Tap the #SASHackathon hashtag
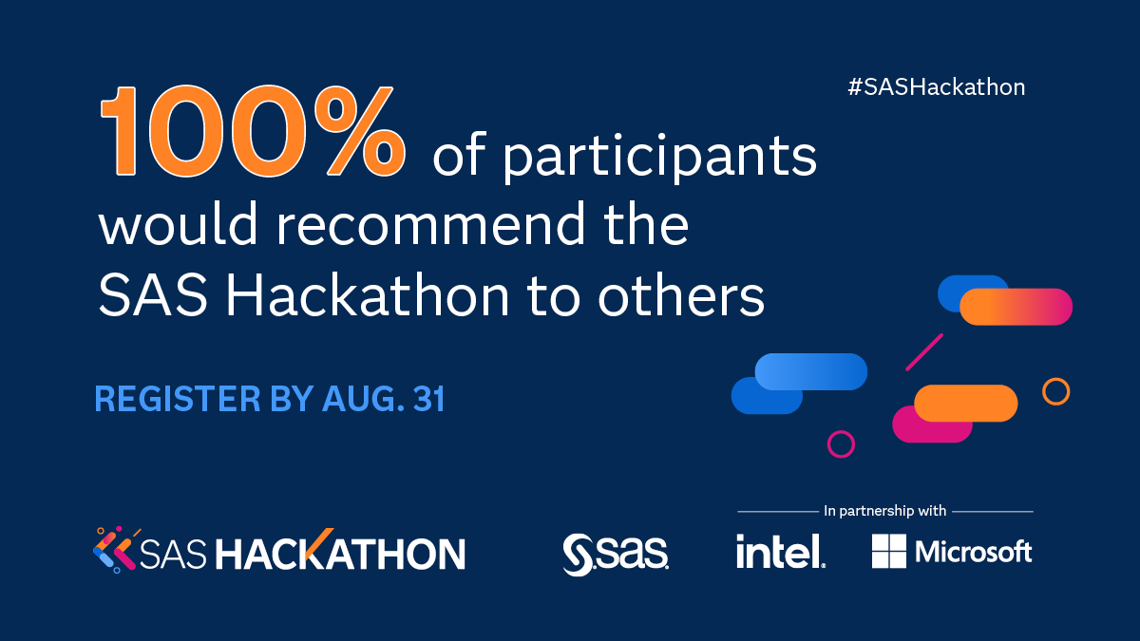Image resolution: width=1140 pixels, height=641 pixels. tap(936, 87)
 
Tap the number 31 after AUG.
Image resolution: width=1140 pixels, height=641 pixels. tap(428, 400)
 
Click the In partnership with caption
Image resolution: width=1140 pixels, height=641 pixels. tap(885, 511)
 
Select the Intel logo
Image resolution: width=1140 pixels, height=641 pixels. tap(780, 551)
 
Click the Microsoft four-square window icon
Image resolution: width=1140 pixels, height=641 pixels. tap(889, 551)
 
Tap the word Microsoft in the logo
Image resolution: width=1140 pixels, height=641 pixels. tap(974, 551)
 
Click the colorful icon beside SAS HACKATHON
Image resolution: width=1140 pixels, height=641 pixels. tap(113, 549)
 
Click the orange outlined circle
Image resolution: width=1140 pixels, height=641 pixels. tap(1055, 391)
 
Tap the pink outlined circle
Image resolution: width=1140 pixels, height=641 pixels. tap(841, 443)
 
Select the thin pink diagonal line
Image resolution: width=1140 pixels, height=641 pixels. tap(924, 351)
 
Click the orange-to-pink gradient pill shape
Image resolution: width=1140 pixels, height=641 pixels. tap(1016, 307)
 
